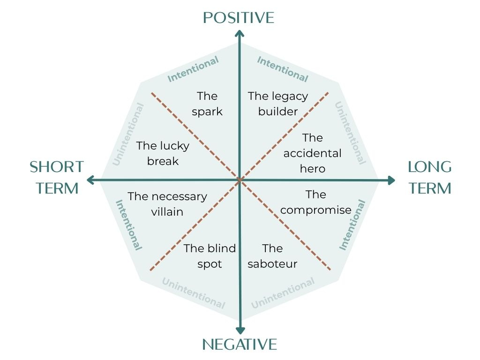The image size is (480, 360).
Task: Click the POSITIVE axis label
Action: pos(239,18)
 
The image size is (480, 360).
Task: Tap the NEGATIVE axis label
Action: pos(240,345)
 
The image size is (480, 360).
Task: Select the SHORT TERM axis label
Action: pos(57,177)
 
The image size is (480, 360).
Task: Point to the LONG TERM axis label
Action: pos(429,177)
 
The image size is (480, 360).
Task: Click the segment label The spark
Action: pos(207,104)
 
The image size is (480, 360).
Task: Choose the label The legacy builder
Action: pos(278,104)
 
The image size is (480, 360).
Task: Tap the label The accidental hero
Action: pos(313,153)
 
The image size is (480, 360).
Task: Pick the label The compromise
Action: pos(316,202)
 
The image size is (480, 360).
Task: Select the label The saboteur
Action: pos(272,256)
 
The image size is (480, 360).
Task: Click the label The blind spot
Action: pos(210,256)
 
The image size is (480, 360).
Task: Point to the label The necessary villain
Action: pos(167,204)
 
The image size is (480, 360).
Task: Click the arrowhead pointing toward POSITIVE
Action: pos(240,33)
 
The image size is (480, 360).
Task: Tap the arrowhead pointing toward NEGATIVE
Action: pos(240,329)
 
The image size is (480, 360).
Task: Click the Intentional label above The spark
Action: pos(193,69)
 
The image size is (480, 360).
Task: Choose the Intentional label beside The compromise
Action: pos(352,225)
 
